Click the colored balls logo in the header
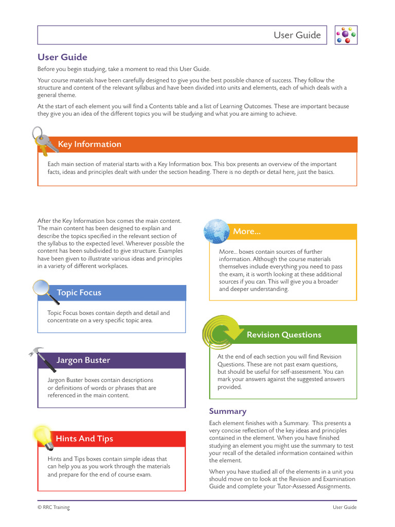tap(346, 35)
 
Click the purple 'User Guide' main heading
tap(62, 57)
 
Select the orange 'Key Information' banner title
tap(89, 144)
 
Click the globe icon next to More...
tap(217, 231)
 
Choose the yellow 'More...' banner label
tap(247, 232)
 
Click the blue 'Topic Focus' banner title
tap(79, 292)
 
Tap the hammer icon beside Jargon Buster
tap(45, 359)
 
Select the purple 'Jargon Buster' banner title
tap(83, 360)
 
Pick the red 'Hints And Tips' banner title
tap(84, 438)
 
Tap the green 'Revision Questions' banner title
tap(284, 335)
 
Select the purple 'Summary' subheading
tap(227, 411)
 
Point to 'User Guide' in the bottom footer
tap(344, 507)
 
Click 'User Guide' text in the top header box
tap(297, 35)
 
